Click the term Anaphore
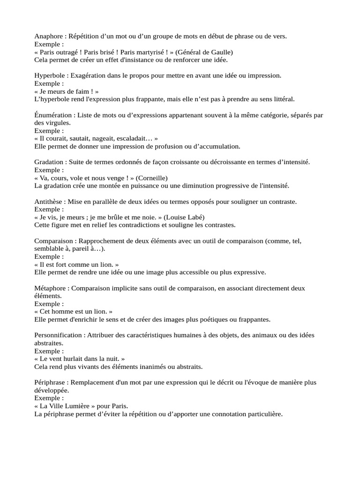pos(49,37)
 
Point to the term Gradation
pos(49,162)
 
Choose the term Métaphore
pos(51,288)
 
